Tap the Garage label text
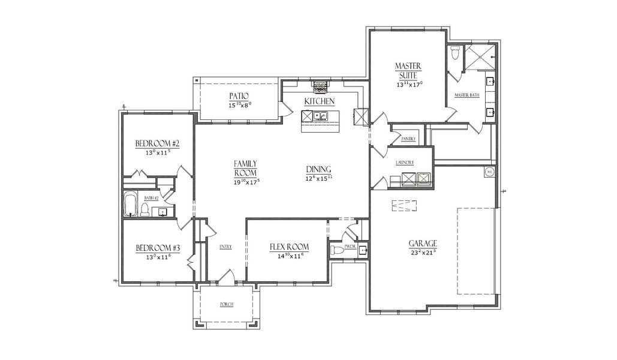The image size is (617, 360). [x=423, y=243]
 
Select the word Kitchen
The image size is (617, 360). [x=319, y=101]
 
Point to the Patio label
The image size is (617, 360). [x=239, y=96]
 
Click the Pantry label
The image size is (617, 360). [x=409, y=139]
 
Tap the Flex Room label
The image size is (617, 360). [x=289, y=247]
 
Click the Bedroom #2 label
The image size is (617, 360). [x=158, y=143]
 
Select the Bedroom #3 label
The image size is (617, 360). [x=158, y=248]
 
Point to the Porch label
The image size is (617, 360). [x=226, y=304]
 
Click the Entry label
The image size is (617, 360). [x=225, y=247]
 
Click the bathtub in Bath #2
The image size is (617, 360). [x=130, y=205]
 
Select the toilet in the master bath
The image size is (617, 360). [x=455, y=54]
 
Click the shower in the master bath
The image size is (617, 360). [x=481, y=58]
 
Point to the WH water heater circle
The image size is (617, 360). [x=488, y=172]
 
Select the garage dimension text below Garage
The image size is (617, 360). [x=423, y=253]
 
